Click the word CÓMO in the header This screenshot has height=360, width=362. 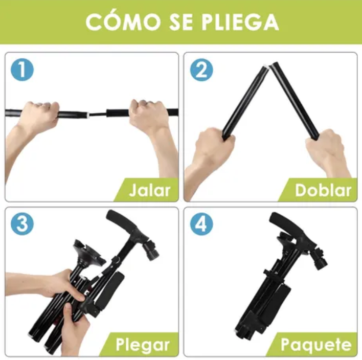123,21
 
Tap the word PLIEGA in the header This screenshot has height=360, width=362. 240,21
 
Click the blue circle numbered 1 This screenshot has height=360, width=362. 22,70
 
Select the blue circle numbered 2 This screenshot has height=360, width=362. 201,70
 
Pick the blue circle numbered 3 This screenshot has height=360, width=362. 22,224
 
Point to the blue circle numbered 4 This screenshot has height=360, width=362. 201,224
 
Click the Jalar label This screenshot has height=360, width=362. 150,190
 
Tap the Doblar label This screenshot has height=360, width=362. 323,190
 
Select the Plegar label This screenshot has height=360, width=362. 143,345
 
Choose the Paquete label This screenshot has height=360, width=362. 316,345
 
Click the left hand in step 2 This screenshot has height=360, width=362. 214,147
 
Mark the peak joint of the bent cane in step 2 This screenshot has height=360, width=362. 269,66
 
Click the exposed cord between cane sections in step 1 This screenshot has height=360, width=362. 98,114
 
